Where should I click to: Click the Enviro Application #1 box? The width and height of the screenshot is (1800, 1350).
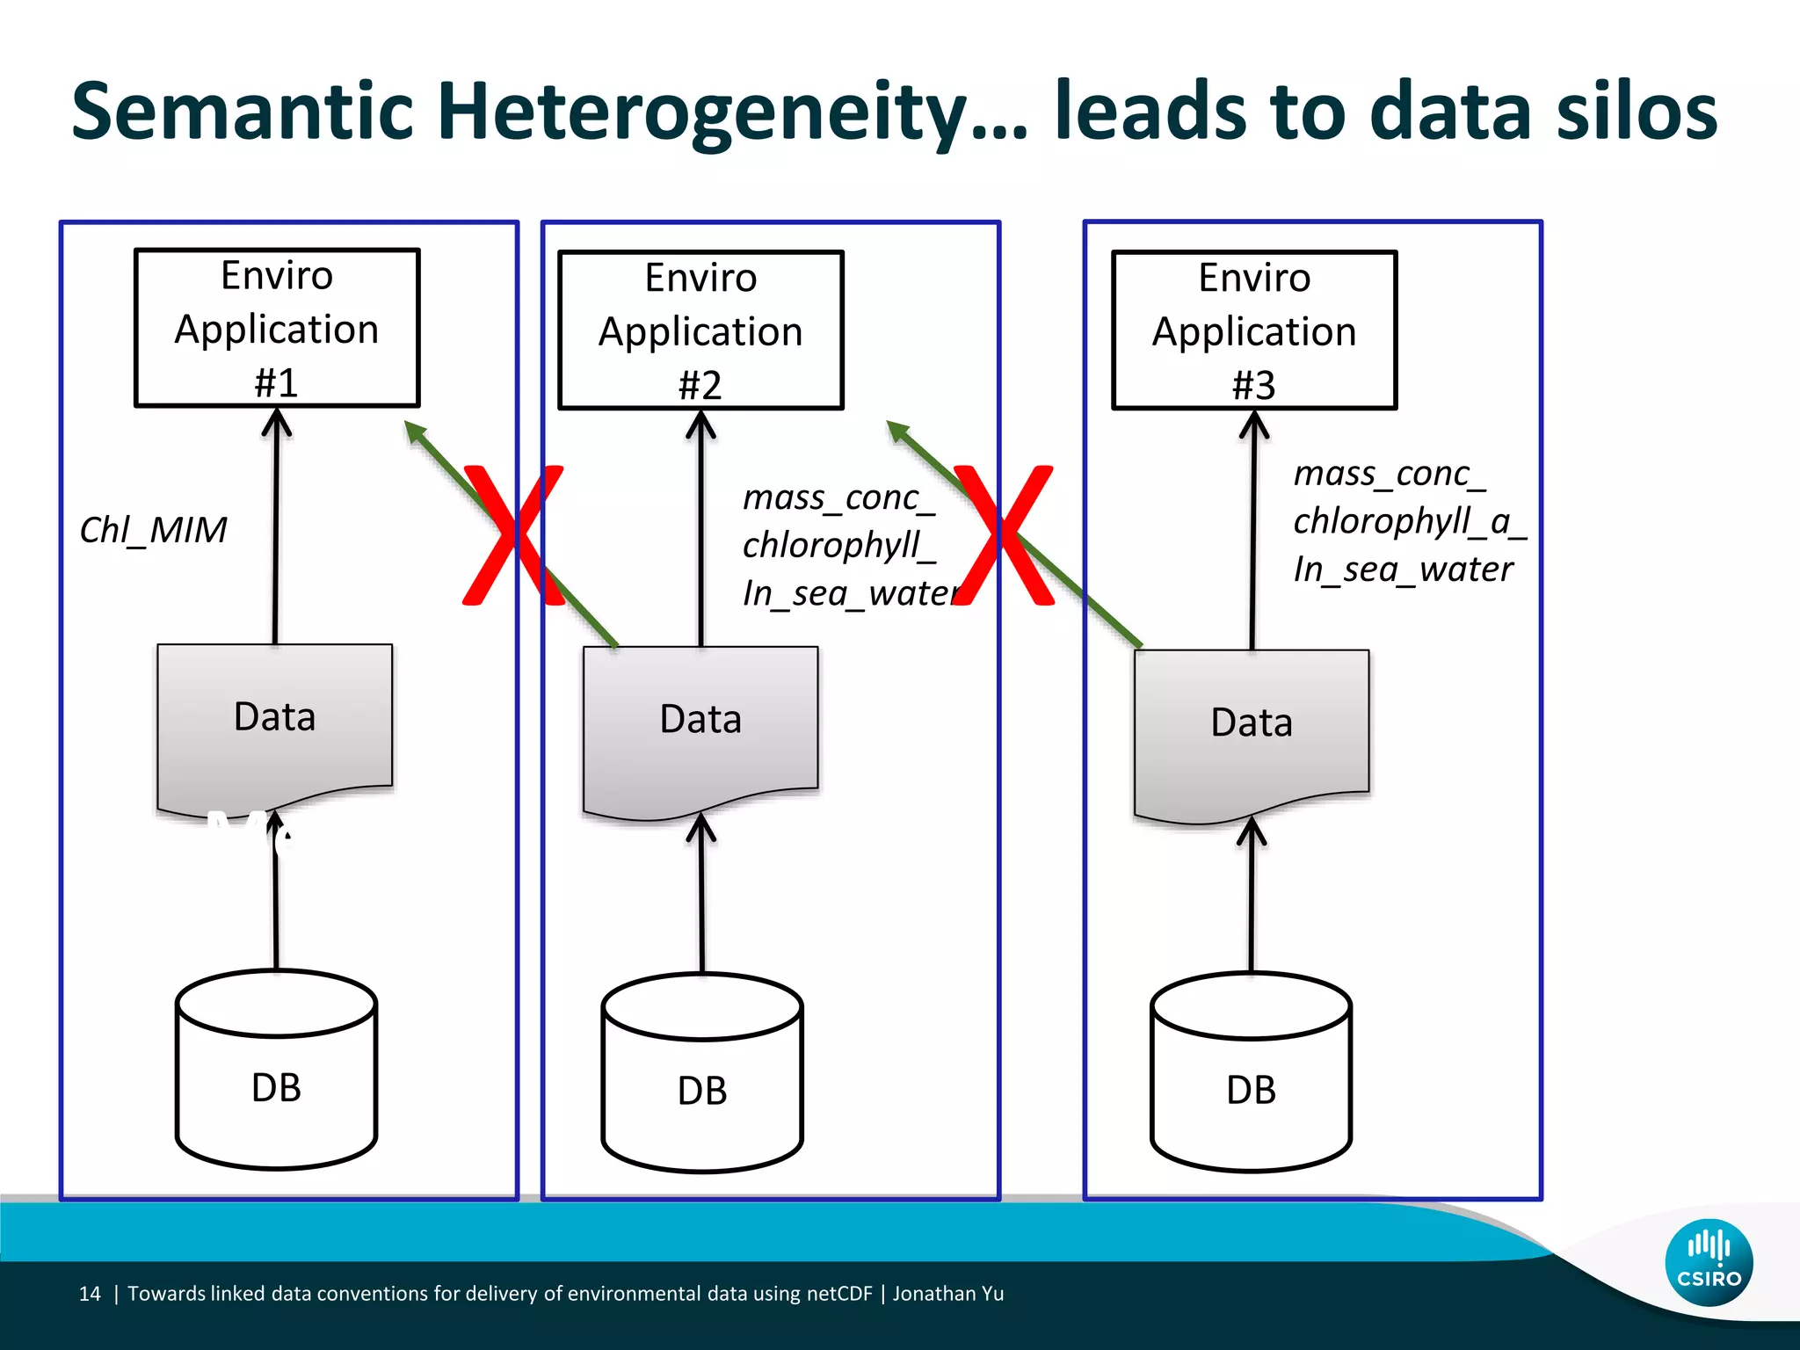277,328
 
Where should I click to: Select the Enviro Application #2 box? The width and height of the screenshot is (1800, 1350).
700,330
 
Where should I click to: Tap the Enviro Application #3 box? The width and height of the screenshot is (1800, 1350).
1254,330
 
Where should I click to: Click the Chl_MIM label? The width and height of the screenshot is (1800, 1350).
153,530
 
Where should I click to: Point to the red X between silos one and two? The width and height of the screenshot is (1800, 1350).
513,535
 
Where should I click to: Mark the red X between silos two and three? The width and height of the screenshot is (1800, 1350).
1004,535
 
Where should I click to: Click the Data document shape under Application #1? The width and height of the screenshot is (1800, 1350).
274,721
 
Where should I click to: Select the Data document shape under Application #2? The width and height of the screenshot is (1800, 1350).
700,722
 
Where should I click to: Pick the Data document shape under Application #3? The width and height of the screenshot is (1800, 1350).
1252,726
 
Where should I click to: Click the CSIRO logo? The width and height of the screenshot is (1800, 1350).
1709,1262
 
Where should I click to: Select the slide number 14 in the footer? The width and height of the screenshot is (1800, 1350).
90,1294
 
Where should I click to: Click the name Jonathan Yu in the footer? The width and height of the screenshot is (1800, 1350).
948,1294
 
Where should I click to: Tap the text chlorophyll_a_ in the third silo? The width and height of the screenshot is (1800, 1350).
1409,521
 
